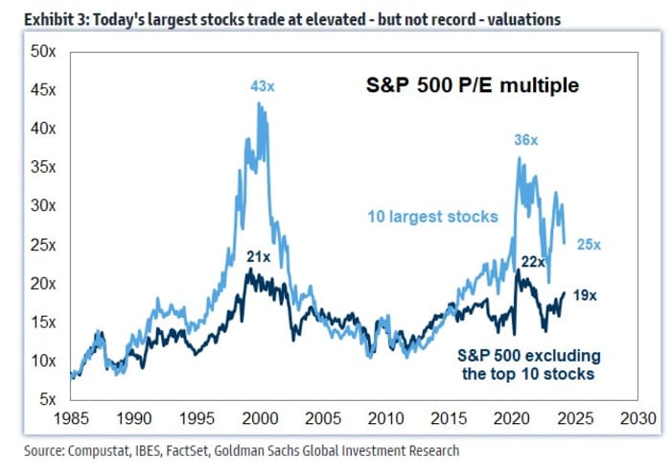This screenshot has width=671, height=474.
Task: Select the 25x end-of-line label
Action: tap(588, 245)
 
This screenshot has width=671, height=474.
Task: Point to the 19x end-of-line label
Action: tap(585, 296)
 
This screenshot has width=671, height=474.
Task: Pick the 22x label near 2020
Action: tap(533, 261)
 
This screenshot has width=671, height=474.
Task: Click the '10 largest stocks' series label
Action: tap(432, 217)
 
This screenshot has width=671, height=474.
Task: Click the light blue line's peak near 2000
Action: tap(260, 104)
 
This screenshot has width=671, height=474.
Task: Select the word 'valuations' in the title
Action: tap(525, 18)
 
